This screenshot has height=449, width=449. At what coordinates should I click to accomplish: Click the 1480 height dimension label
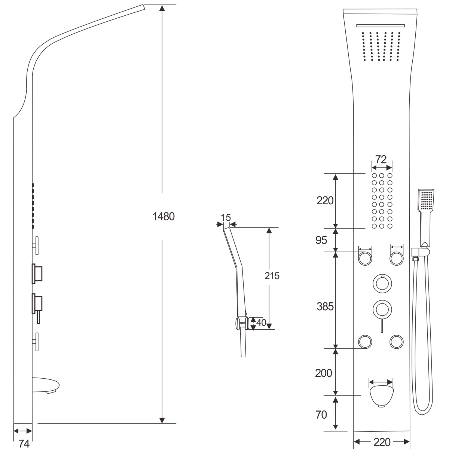click(x=164, y=217)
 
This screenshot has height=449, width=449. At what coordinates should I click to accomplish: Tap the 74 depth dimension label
click(x=24, y=444)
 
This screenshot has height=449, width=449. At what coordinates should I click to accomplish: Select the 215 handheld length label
click(x=272, y=276)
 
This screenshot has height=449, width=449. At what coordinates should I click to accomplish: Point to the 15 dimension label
click(x=225, y=218)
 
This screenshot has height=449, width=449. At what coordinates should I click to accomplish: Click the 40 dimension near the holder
click(x=261, y=323)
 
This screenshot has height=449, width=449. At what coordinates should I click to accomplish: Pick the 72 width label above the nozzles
click(x=381, y=160)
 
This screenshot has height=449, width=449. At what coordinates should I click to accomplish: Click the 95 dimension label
click(x=321, y=240)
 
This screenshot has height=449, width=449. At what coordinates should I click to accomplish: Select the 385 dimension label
click(x=325, y=307)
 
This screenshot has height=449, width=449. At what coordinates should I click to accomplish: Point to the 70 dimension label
click(x=321, y=415)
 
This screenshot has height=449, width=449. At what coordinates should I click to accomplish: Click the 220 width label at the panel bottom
click(x=382, y=442)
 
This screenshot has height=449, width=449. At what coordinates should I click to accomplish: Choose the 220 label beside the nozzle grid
click(x=325, y=201)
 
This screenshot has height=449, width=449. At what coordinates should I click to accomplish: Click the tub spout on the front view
click(x=381, y=396)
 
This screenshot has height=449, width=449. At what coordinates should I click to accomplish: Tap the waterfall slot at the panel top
click(x=381, y=26)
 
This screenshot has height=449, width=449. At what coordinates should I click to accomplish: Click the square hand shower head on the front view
click(x=426, y=200)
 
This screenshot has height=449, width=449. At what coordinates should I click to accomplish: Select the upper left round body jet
click(x=365, y=259)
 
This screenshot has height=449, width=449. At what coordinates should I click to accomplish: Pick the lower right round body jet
click(x=396, y=342)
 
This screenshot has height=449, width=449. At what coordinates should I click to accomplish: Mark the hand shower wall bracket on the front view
click(x=420, y=252)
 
